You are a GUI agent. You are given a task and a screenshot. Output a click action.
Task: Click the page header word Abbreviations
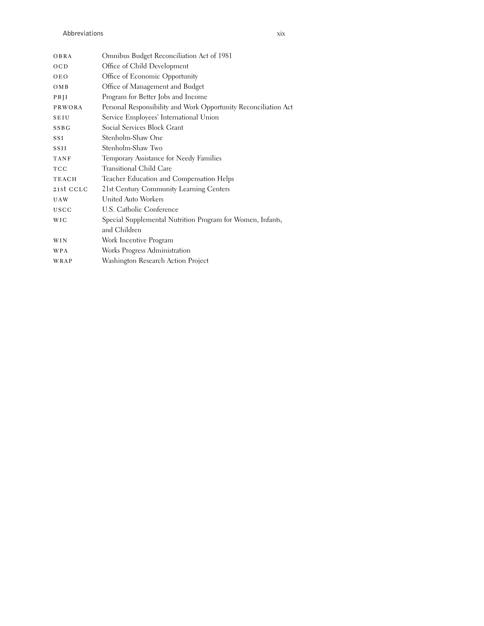point(83,33)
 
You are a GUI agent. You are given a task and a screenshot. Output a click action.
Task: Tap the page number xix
point(281,34)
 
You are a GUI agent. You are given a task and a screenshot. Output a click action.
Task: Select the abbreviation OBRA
point(63,56)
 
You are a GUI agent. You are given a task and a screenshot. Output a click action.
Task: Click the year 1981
point(225,56)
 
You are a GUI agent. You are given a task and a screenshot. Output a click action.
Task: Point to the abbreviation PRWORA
point(68,107)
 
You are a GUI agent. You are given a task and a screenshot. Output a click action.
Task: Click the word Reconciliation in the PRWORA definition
point(260,107)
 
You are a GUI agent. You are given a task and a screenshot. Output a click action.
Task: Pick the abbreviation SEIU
point(61,118)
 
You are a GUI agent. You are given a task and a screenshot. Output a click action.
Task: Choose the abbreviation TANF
point(62,159)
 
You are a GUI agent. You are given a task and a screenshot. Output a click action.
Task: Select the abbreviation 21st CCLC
point(71,189)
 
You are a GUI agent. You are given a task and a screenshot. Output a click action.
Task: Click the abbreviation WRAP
point(63,261)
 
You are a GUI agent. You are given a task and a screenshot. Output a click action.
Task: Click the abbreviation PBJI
point(61,97)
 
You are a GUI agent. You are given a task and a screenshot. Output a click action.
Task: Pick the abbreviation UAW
point(61,200)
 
